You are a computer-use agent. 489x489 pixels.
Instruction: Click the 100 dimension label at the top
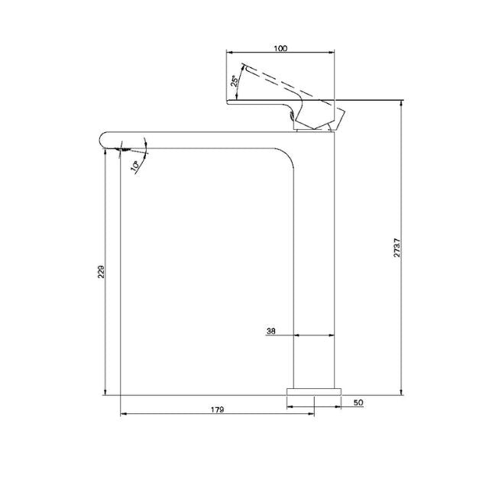280,48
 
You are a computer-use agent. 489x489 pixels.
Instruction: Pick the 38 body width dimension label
271,332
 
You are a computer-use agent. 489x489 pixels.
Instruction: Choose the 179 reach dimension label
216,410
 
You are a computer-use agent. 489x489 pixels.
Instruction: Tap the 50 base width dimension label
358,402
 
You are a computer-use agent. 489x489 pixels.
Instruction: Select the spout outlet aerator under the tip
123,150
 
